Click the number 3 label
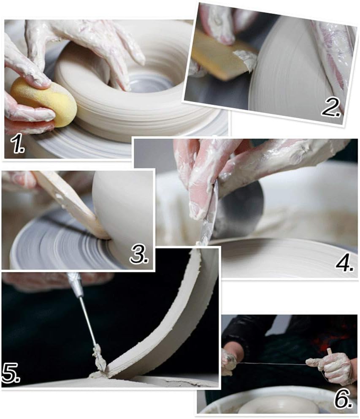139,254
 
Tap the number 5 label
11,373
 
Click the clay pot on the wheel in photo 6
278,405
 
